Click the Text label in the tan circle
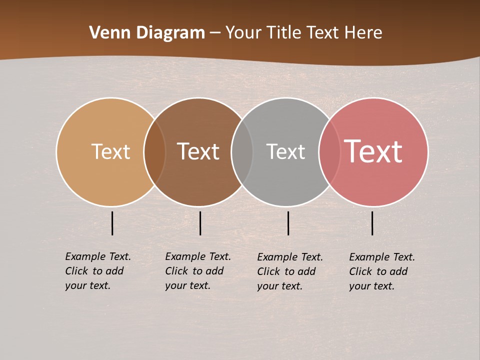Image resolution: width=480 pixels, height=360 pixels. pos(110,151)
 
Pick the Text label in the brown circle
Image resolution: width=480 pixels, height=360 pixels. pos(198,151)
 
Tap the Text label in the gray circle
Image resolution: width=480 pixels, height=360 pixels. pos(285,151)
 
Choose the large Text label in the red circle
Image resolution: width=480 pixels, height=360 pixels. pos(373,151)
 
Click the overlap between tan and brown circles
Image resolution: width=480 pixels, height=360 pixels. pos(154,151)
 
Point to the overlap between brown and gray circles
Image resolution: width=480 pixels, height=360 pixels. pos(242,151)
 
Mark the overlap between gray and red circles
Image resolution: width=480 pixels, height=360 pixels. pos(329,151)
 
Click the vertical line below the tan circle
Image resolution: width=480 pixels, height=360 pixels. pos(112,223)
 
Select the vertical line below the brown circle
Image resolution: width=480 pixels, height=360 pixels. pos(200,223)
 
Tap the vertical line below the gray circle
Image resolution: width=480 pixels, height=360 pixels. pos(288,223)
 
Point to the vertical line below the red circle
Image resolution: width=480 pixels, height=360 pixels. pos(372,223)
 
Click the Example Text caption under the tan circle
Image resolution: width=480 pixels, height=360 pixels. pos(98,271)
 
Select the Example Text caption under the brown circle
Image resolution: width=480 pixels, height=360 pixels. pos(198,271)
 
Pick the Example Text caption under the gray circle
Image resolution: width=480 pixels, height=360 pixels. pos(290,271)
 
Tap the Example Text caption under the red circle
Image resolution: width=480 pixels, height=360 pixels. pos(382,271)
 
